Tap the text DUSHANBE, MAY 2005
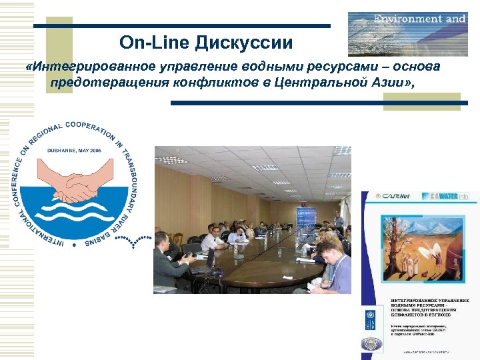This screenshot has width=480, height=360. (73, 151)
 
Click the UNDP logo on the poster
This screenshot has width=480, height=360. (370, 319)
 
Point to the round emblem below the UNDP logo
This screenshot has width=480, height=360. (370, 343)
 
